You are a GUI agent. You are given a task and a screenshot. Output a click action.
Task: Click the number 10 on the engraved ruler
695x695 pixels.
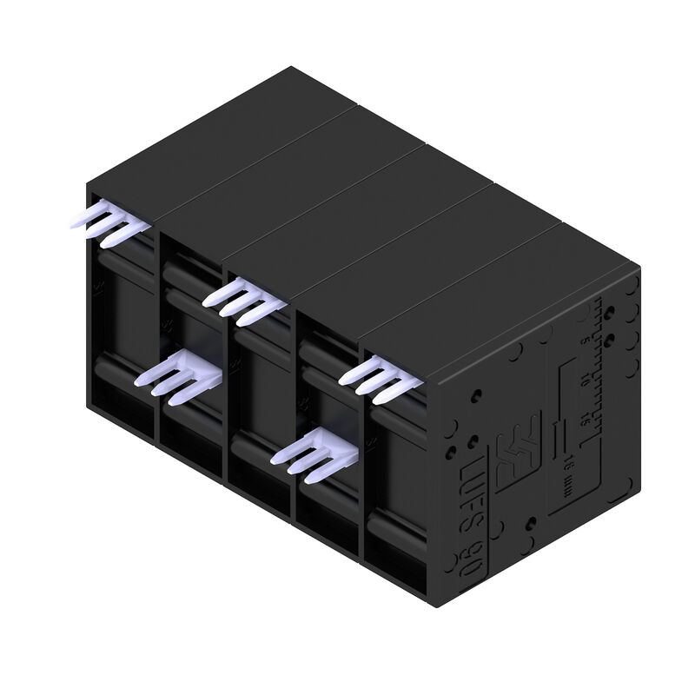pyautogui.click(x=585, y=379)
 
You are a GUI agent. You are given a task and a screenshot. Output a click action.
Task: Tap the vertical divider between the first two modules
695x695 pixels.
pyautogui.click(x=157, y=347)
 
